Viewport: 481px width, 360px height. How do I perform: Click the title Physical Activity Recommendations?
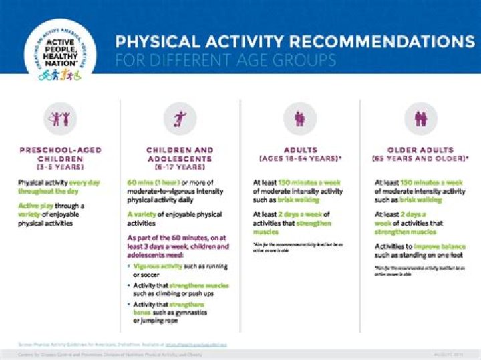click(x=294, y=41)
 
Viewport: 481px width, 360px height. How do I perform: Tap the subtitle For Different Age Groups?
click(x=225, y=60)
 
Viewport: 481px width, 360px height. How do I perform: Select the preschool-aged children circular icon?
click(x=60, y=118)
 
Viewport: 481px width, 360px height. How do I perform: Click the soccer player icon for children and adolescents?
click(x=180, y=118)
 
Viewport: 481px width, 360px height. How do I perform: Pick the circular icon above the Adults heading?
click(x=300, y=118)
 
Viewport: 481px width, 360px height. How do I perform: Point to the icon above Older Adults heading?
click(x=420, y=118)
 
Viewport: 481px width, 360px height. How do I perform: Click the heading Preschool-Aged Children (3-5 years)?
click(x=60, y=158)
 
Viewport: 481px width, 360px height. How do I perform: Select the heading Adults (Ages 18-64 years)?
click(x=300, y=154)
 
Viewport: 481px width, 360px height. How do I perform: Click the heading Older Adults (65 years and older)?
click(x=420, y=154)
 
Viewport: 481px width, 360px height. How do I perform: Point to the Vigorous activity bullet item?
click(x=180, y=270)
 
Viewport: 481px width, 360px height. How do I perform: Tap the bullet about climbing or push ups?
click(x=180, y=289)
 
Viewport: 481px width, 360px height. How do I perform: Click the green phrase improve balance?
click(x=441, y=246)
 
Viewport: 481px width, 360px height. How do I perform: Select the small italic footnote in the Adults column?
click(x=297, y=248)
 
